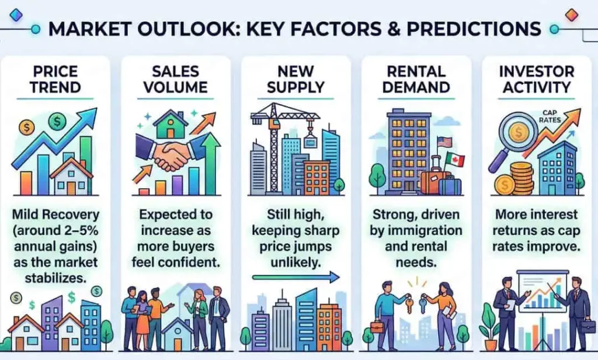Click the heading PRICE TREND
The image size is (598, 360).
coord(55,79)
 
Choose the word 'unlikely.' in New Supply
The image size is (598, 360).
coord(295,262)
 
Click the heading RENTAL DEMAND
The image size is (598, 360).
coord(416,79)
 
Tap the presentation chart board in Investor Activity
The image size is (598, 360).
coord(541,292)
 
